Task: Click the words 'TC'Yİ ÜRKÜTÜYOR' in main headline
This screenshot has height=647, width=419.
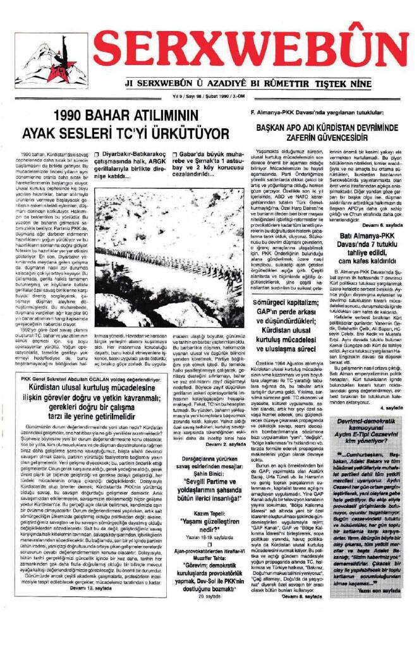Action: [183, 133]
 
